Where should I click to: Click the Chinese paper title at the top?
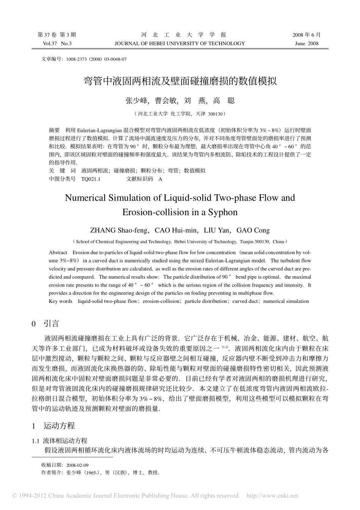[180, 81]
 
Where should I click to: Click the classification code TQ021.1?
[91, 179]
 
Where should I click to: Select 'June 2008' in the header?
[307, 44]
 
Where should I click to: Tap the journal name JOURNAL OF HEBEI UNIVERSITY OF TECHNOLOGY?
[180, 44]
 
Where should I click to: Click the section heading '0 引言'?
[45, 323]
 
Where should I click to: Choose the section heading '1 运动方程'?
[53, 425]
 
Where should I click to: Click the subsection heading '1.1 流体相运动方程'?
[60, 441]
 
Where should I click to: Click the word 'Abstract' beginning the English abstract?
[58, 253]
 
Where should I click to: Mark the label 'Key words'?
[61, 301]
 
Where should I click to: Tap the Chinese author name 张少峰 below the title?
[135, 100]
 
